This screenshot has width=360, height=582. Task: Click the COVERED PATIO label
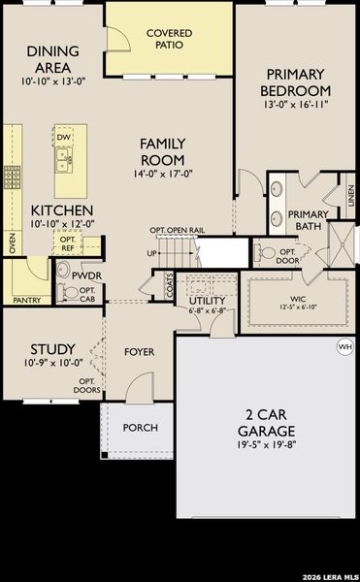pyautogui.click(x=169, y=39)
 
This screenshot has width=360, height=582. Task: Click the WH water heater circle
pyautogui.click(x=344, y=345)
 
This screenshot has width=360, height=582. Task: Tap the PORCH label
pyautogui.click(x=140, y=428)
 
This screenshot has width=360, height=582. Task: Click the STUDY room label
pyautogui.click(x=48, y=349)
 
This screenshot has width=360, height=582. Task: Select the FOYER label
pyautogui.click(x=140, y=351)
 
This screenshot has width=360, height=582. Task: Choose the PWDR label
pyautogui.click(x=86, y=275)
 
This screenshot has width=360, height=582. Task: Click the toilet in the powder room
pyautogui.click(x=70, y=292)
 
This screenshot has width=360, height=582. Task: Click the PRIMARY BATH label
pyautogui.click(x=309, y=220)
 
